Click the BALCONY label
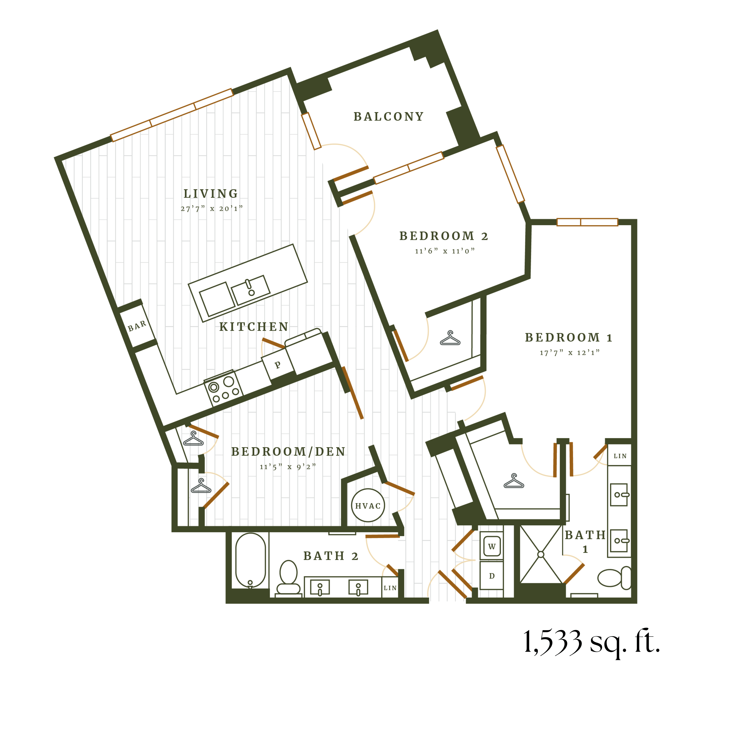[388, 116]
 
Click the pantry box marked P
[278, 364]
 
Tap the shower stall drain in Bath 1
[541, 554]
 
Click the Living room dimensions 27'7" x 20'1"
[211, 208]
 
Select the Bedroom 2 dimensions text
[444, 251]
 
